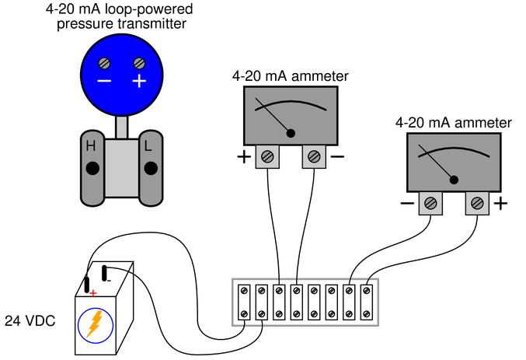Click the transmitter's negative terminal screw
pos(104,63)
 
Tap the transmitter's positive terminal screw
pos(139,63)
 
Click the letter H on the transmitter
pos(91,146)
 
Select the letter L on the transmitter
pos(148,146)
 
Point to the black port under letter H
pos(92,168)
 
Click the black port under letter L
pos(151,168)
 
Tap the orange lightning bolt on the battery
pos(95,324)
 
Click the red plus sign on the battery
pos(93,293)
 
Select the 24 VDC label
pos(30,321)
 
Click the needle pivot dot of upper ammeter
pos(291,133)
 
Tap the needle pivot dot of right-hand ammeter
pos(454,180)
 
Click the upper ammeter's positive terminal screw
pos(267,156)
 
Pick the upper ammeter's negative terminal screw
pos(314,156)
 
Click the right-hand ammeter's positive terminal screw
pos(477,203)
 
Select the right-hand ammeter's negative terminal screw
pos(430,203)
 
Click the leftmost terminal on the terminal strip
pos(244,302)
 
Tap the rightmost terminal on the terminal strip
pos(367,302)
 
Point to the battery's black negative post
pos(104,273)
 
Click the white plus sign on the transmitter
pos(139,81)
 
